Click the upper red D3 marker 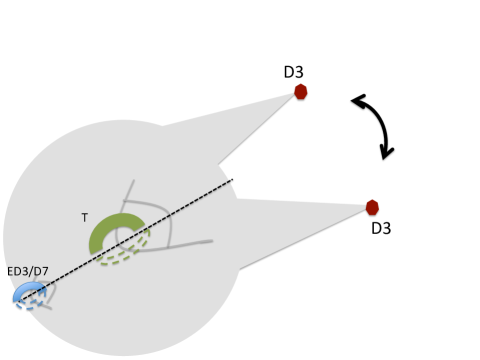[300, 92]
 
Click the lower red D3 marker [372, 207]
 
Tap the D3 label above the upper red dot [293, 72]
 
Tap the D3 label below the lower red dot [380, 228]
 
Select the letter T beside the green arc [85, 216]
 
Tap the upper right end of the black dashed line [231, 181]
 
